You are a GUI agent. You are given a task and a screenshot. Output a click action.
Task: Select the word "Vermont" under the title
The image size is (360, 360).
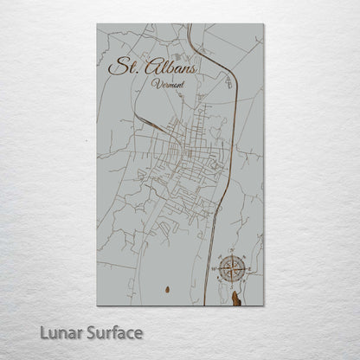[164, 83]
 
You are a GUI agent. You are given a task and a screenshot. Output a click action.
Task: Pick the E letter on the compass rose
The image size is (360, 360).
[249, 269]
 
